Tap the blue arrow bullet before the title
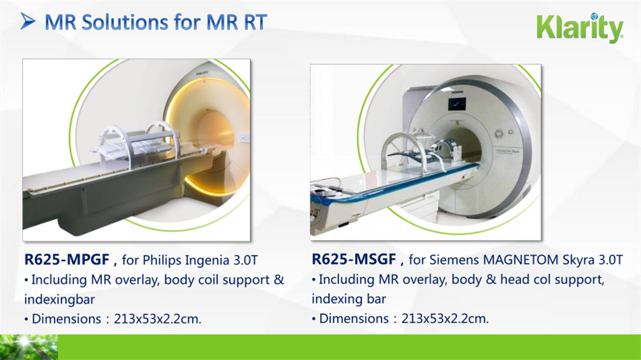28,22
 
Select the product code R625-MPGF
67,259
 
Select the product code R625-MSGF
354,259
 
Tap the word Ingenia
208,261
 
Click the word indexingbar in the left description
59,300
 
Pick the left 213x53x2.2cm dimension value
158,319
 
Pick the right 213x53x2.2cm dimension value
445,318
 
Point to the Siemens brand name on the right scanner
458,92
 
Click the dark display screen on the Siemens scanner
457,104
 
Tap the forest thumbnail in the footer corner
29,347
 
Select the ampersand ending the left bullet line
279,280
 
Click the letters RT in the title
256,22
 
